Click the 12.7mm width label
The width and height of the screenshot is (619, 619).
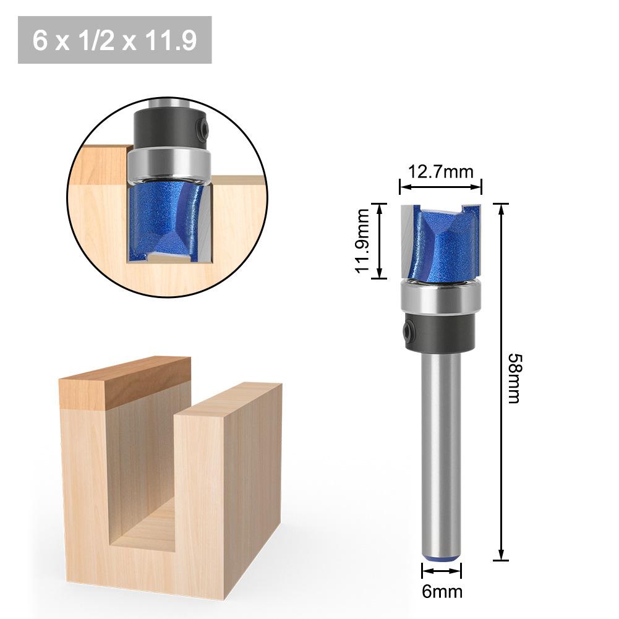(440, 171)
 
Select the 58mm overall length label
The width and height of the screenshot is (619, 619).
(513, 378)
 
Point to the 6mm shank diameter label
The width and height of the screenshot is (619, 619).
(442, 591)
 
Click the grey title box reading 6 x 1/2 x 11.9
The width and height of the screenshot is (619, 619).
(115, 41)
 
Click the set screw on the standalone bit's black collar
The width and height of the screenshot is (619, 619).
(408, 331)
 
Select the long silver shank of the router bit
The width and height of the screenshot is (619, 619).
(441, 445)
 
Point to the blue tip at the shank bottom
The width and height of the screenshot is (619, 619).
(442, 557)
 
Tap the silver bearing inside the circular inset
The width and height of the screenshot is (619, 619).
(169, 161)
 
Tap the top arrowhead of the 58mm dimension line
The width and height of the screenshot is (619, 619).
(501, 209)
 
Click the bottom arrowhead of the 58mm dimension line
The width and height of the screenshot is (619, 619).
(501, 555)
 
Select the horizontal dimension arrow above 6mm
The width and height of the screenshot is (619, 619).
(442, 570)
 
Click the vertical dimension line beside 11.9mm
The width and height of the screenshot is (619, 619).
(379, 241)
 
